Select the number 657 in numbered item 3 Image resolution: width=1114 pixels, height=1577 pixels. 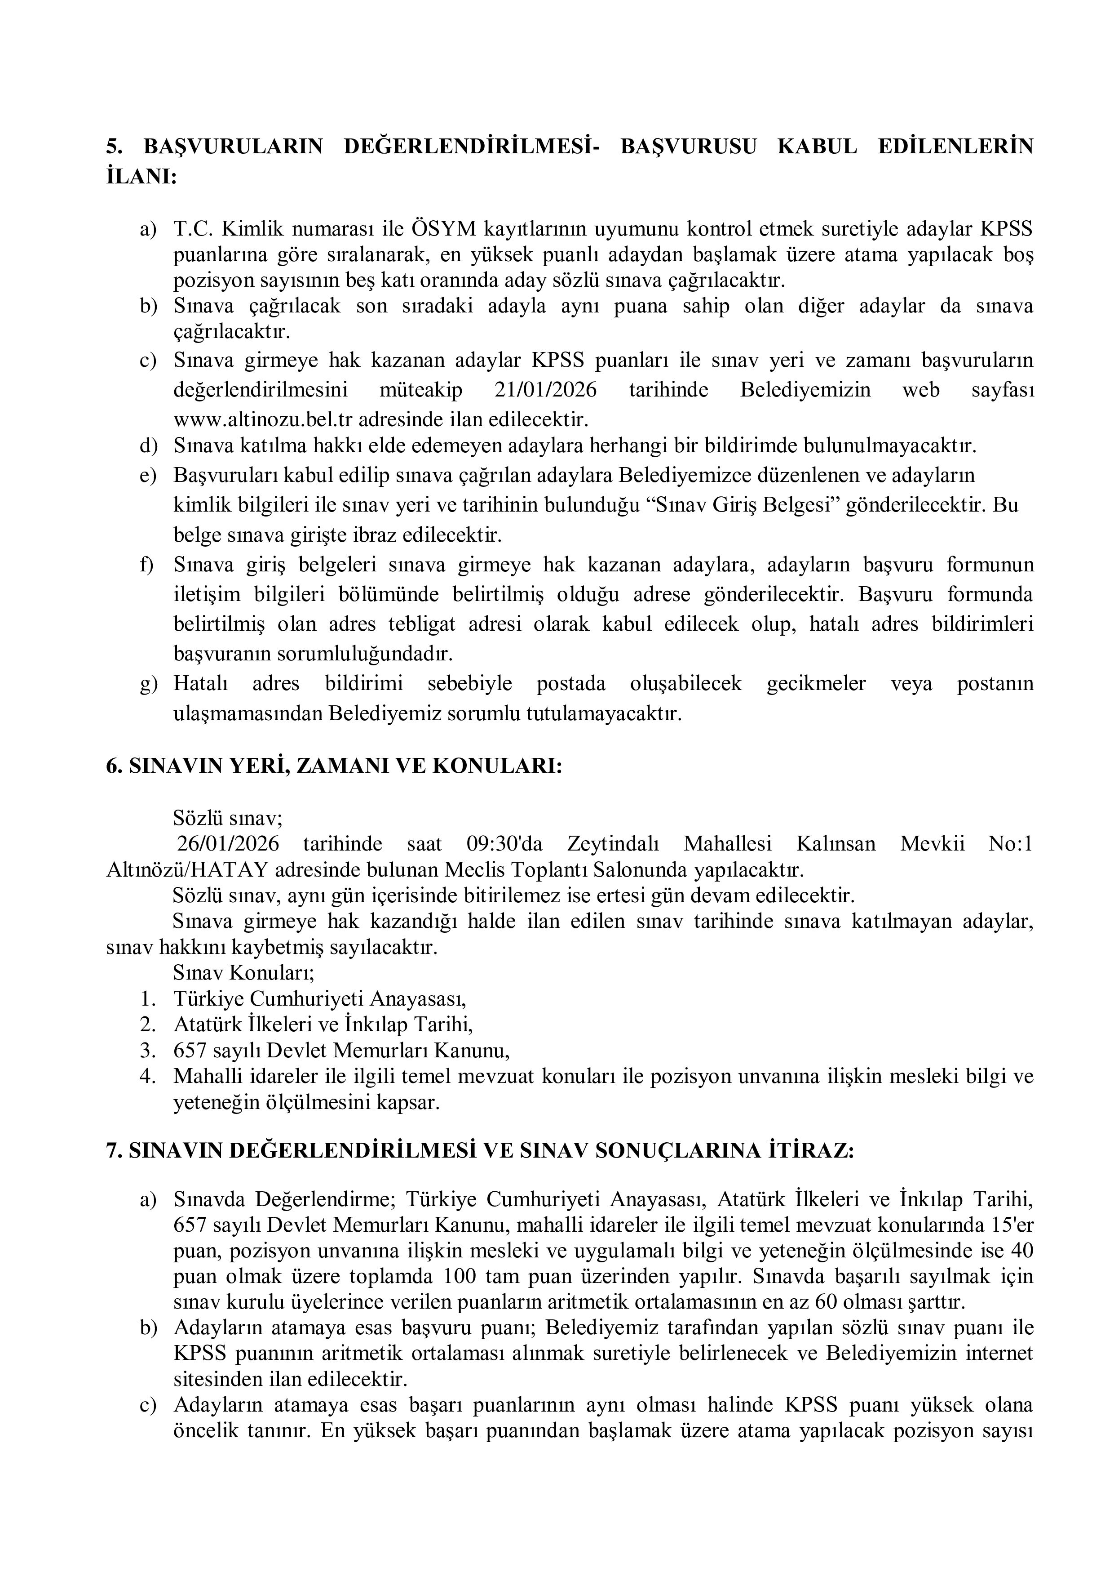tap(188, 1051)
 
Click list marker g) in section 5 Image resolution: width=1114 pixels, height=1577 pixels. tap(148, 685)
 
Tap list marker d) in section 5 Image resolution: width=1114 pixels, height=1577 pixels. tap(148, 446)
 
